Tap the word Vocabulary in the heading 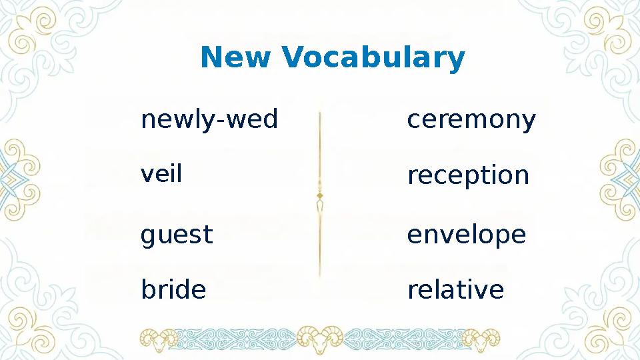coord(373,59)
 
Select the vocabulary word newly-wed coord(209,121)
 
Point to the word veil coord(161,175)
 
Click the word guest coord(177,235)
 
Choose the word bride coord(173,290)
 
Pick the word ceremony coord(471,121)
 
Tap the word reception coord(468,177)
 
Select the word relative coord(455,290)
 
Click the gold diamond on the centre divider coord(320,195)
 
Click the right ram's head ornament coord(481,338)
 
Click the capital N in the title coord(211,58)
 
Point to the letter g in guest coord(147,237)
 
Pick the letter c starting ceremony coord(413,121)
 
